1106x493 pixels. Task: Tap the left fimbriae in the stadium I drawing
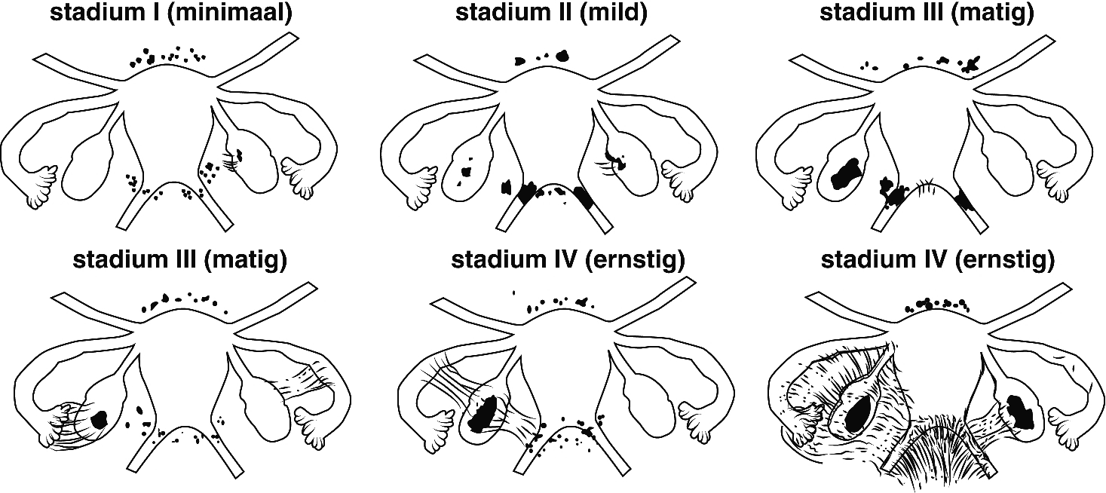pos(41,185)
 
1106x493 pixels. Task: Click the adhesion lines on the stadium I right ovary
pos(233,161)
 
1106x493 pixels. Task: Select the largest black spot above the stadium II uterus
pos(560,55)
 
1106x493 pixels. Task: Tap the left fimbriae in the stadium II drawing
pos(419,185)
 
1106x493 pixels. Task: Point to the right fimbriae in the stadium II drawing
pos(679,177)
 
